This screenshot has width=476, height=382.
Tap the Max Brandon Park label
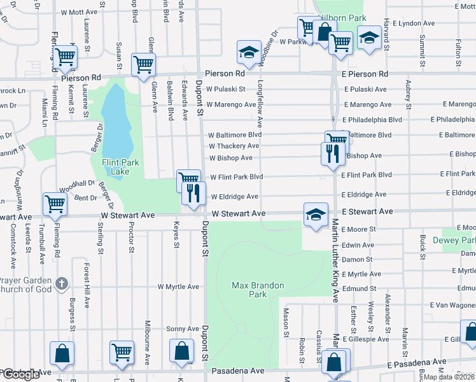258,290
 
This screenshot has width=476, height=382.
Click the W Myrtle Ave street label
179,286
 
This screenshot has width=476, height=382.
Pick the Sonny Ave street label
183,329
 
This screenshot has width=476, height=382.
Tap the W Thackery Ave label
234,146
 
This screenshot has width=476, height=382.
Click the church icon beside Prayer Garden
62,282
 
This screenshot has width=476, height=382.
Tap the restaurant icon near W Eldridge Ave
193,192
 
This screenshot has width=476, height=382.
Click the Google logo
21,375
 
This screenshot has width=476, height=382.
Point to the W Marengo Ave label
232,104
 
